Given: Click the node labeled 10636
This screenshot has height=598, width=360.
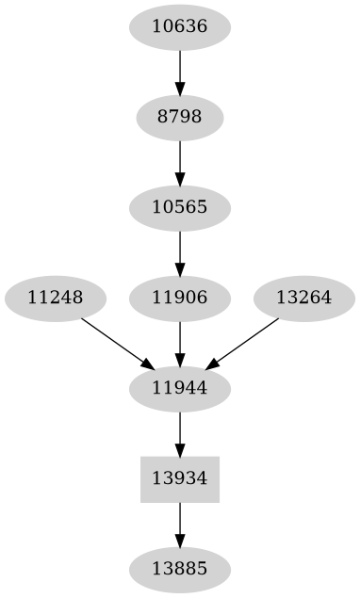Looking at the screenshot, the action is click(179, 26).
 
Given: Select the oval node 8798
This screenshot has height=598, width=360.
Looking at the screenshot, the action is click(179, 118).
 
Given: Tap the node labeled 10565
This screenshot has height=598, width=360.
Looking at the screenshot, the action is click(179, 207).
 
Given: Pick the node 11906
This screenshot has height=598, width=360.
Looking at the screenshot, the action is click(179, 298).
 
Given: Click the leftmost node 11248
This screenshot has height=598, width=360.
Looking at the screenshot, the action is click(55, 298).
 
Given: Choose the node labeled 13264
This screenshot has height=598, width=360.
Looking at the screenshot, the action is click(303, 298).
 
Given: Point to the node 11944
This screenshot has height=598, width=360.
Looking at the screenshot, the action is click(179, 388).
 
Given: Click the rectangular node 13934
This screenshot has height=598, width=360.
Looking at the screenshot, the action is click(179, 478).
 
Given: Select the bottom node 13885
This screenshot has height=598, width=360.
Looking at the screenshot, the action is click(179, 569).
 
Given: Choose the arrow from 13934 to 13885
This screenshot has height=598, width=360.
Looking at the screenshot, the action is click(179, 524).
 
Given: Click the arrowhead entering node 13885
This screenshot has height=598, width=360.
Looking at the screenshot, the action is click(179, 540).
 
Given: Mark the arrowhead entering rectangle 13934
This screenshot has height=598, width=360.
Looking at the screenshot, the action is click(179, 449).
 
